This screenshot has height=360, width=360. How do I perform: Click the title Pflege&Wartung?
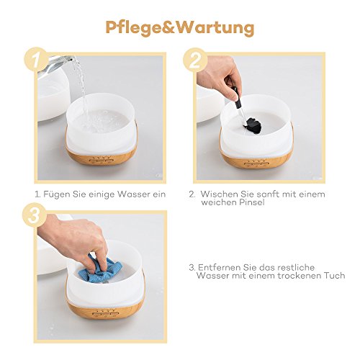[x=179, y=27]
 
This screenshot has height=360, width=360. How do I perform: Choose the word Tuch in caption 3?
[x=334, y=275]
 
